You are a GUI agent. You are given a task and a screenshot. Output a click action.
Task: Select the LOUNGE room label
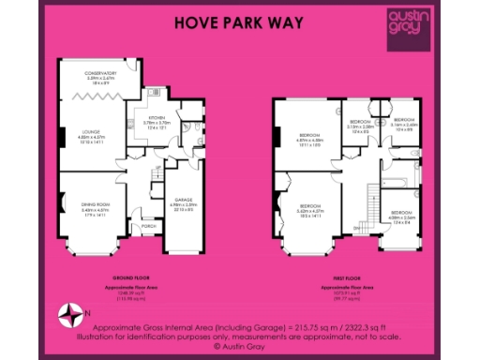click(x=92, y=134)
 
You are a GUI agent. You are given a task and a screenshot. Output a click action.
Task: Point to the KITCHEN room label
click(x=156, y=121)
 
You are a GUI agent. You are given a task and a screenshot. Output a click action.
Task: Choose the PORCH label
click(x=147, y=226)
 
